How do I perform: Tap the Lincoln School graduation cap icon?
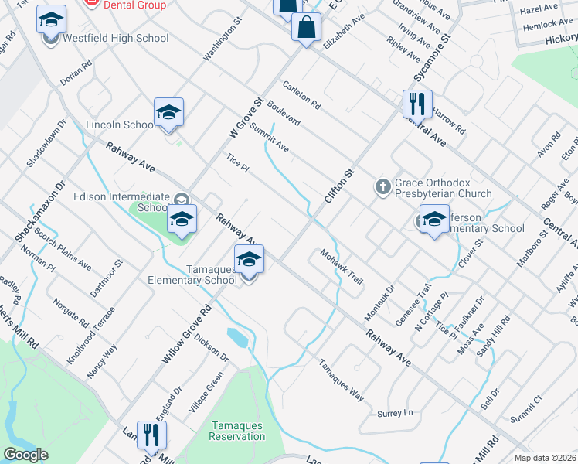pos(168,113)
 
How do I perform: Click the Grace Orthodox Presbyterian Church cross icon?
pos(382,186)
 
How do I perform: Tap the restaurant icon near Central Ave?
pos(417,103)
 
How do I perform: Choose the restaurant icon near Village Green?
pos(151,435)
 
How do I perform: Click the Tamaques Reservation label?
pos(237,432)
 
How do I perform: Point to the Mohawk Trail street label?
pos(341,267)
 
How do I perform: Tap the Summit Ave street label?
pos(269,137)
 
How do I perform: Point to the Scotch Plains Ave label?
pos(63,253)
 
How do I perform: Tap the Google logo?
pos(25,455)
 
